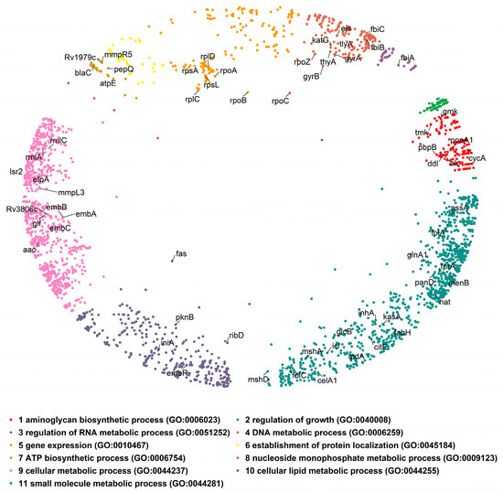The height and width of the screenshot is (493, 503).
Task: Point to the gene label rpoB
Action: point(238,101)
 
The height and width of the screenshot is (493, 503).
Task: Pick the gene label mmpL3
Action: point(71,193)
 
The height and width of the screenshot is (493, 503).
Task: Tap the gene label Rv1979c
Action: point(93,59)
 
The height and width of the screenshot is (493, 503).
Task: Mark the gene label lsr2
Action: point(16,171)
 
